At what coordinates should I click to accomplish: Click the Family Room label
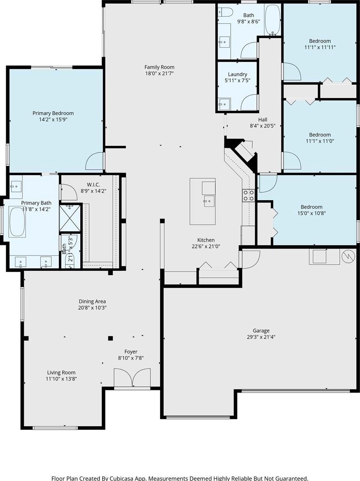coord(160,67)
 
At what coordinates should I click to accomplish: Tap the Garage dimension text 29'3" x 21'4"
coord(261,337)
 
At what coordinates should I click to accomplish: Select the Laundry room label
coord(237,74)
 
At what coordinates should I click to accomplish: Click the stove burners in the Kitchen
coord(249,195)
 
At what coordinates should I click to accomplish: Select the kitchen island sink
coord(209,201)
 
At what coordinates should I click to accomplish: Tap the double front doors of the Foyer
coord(132,378)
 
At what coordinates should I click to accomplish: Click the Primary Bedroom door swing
coord(95,161)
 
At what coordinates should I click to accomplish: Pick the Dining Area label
coord(92,301)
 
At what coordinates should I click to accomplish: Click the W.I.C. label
coord(93,184)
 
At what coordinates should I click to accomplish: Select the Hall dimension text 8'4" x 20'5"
coord(263,126)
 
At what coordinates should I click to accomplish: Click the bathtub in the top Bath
coord(272,20)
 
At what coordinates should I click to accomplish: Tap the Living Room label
coord(61,372)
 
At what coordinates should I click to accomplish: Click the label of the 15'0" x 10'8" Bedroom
coord(311,207)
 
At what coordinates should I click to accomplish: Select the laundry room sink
coord(224,104)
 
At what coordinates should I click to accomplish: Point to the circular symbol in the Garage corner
coord(348,256)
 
